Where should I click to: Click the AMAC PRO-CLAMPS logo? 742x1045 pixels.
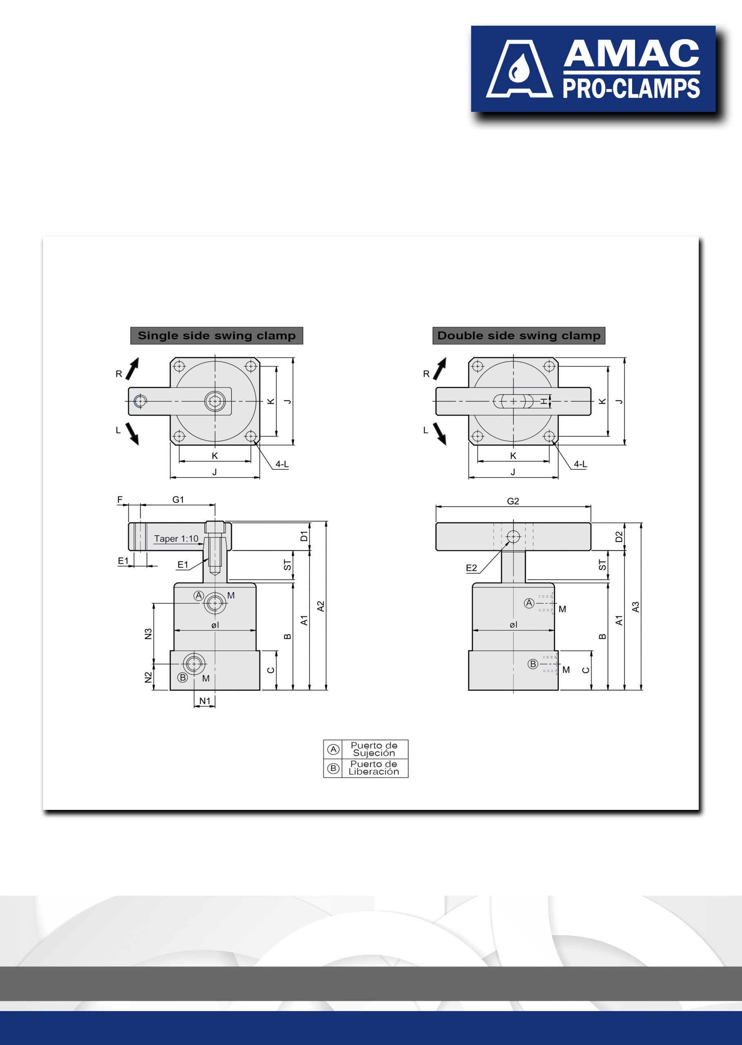click(x=593, y=69)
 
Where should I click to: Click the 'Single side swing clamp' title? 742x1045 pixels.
click(x=216, y=336)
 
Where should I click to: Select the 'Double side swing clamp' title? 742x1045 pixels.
click(x=519, y=336)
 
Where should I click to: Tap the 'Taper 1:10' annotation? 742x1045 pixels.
click(x=176, y=538)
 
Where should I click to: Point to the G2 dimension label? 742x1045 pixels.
click(x=513, y=501)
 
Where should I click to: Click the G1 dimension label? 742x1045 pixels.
click(x=178, y=500)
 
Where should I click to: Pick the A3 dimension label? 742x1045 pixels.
click(x=635, y=607)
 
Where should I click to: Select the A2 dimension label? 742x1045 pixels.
click(x=321, y=607)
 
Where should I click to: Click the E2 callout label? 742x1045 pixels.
click(x=472, y=568)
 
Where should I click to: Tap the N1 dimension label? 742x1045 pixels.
click(x=205, y=700)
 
